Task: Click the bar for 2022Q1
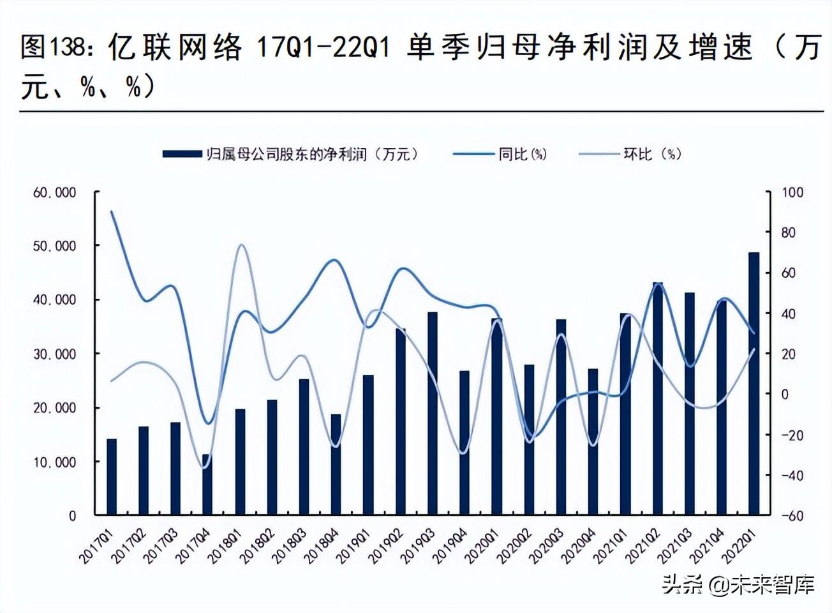coord(754,383)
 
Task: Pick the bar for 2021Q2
coord(657,398)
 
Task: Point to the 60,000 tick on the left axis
coord(54,192)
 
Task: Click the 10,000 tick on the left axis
coord(54,462)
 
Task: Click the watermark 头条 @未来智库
coord(738,584)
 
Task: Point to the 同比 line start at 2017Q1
coord(112,211)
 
